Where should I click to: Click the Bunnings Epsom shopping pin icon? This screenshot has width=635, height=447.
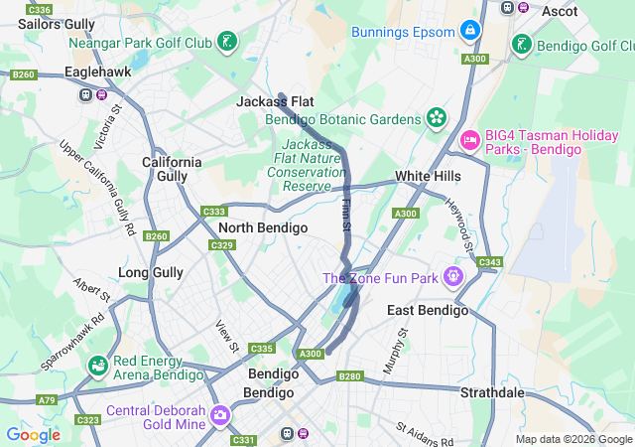[471, 33]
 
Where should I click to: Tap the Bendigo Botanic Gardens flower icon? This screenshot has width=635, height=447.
[435, 119]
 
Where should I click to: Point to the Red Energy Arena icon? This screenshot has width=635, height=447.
[98, 367]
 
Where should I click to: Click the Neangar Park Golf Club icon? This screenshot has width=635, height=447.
[228, 43]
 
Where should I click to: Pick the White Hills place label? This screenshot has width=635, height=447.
[428, 176]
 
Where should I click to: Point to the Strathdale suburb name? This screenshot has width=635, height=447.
[492, 392]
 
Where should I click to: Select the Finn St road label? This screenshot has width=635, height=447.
[346, 216]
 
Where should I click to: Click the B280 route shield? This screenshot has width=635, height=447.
[350, 376]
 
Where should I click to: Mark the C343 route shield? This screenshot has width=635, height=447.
[489, 262]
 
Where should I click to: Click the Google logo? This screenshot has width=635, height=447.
[33, 434]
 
